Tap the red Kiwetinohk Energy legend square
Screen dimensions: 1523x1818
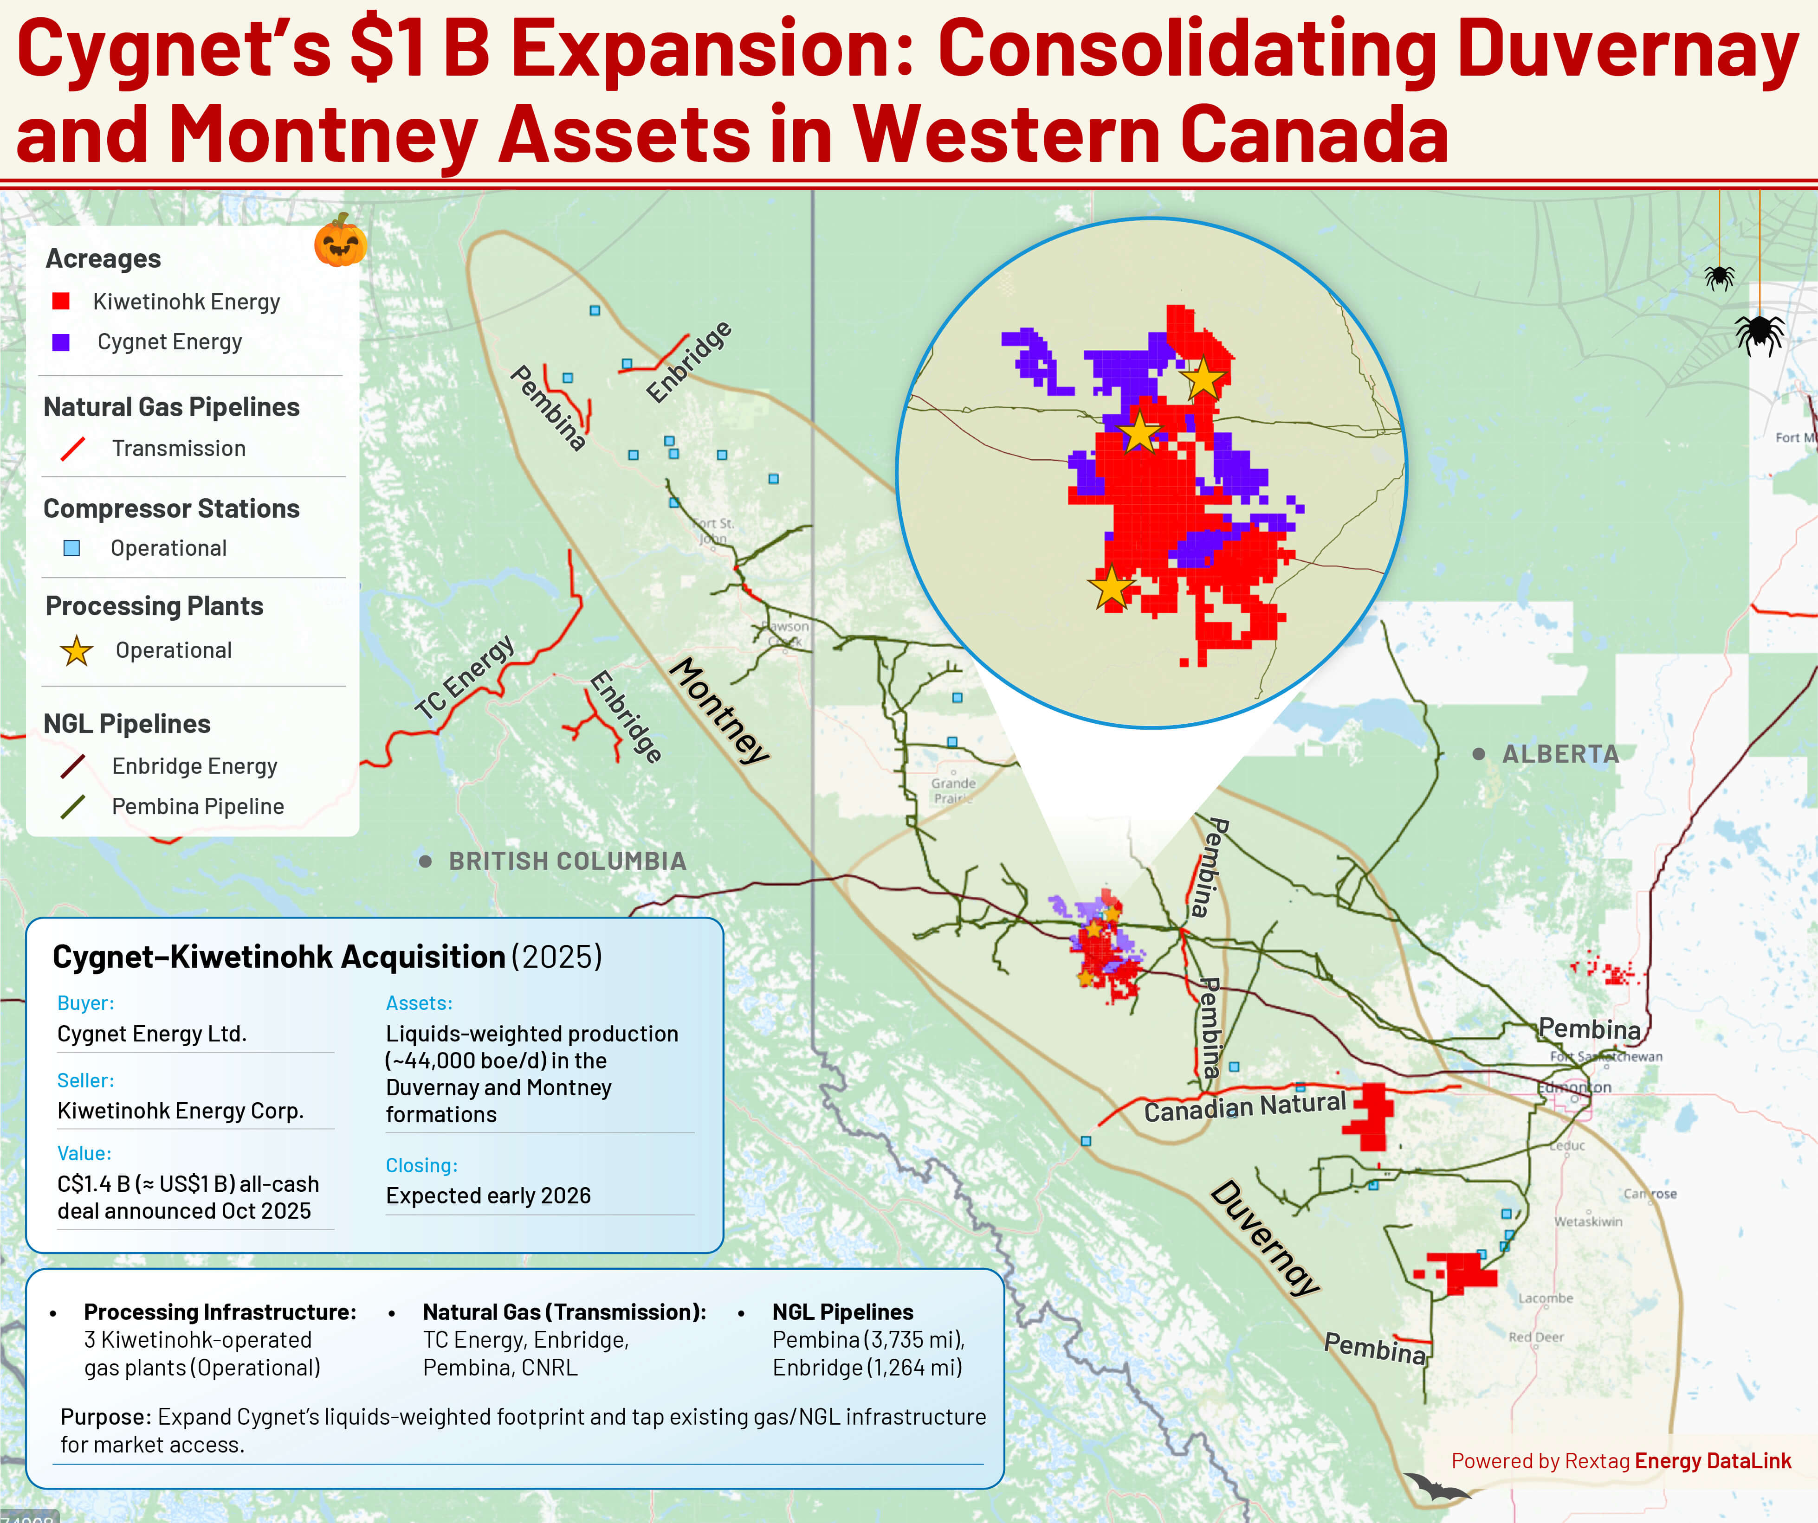(x=61, y=301)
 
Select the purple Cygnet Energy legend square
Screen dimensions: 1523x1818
(x=61, y=342)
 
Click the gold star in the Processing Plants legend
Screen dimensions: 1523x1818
(x=76, y=651)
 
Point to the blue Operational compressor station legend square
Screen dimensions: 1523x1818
(x=72, y=548)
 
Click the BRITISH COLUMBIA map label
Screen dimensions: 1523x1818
(x=567, y=861)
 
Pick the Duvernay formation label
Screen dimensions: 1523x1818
(x=1264, y=1237)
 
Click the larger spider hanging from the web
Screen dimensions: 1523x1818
(x=1759, y=333)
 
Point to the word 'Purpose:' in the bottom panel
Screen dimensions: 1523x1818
(x=106, y=1417)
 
